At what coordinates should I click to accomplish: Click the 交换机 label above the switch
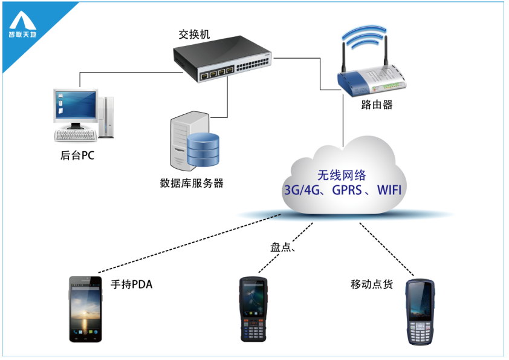pyautogui.click(x=194, y=34)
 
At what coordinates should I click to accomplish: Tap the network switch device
pyautogui.click(x=222, y=59)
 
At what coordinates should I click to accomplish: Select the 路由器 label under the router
pyautogui.click(x=377, y=104)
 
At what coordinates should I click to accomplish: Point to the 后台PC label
pyautogui.click(x=77, y=155)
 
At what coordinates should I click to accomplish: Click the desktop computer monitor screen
pyautogui.click(x=76, y=105)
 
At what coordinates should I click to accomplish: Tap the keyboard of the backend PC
pyautogui.click(x=76, y=136)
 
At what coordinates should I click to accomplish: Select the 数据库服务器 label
pyautogui.click(x=192, y=183)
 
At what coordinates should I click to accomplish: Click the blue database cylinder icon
pyautogui.click(x=203, y=149)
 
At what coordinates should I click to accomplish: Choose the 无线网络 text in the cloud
pyautogui.click(x=342, y=175)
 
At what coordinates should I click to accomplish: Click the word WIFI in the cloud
pyautogui.click(x=389, y=190)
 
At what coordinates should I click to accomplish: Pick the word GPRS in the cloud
pyautogui.click(x=347, y=190)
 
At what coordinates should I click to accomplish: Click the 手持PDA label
pyautogui.click(x=131, y=284)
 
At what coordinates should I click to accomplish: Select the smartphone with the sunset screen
pyautogui.click(x=85, y=309)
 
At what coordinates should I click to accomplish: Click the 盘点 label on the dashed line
pyautogui.click(x=280, y=247)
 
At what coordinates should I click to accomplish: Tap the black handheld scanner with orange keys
pyautogui.click(x=253, y=309)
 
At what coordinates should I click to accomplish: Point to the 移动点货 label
pyautogui.click(x=372, y=284)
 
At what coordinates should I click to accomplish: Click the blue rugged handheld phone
pyautogui.click(x=420, y=312)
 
